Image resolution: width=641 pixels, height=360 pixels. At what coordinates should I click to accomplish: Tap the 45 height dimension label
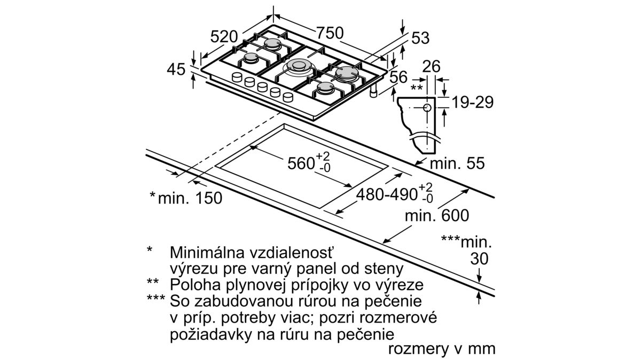(x=175, y=69)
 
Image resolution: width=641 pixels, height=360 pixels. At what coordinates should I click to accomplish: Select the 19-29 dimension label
(x=471, y=103)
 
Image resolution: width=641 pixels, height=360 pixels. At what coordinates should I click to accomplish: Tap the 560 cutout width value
(x=302, y=163)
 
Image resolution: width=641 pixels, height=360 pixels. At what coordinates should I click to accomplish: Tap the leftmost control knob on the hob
(x=236, y=79)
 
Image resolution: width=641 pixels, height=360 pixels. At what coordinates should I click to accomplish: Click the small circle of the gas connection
(x=427, y=108)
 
